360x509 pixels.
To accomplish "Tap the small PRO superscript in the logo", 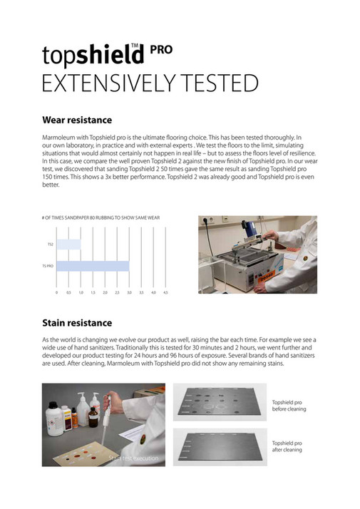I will (x=161, y=49).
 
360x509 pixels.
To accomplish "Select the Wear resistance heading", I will (x=77, y=120).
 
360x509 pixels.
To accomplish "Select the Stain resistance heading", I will (x=77, y=323).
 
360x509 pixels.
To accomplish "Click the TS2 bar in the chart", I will (x=68, y=245).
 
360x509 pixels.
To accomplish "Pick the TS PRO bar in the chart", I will (x=93, y=267).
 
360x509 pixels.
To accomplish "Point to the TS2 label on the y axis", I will (x=50, y=245).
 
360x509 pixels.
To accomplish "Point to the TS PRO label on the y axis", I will (x=48, y=267).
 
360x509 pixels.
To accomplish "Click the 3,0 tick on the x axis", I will (x=129, y=292).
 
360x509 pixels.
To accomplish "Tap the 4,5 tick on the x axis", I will (x=165, y=292).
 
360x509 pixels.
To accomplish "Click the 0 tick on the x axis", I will (x=56, y=292).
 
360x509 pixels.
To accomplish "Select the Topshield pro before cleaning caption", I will (x=288, y=406).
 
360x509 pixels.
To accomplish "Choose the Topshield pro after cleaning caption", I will (x=288, y=446).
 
